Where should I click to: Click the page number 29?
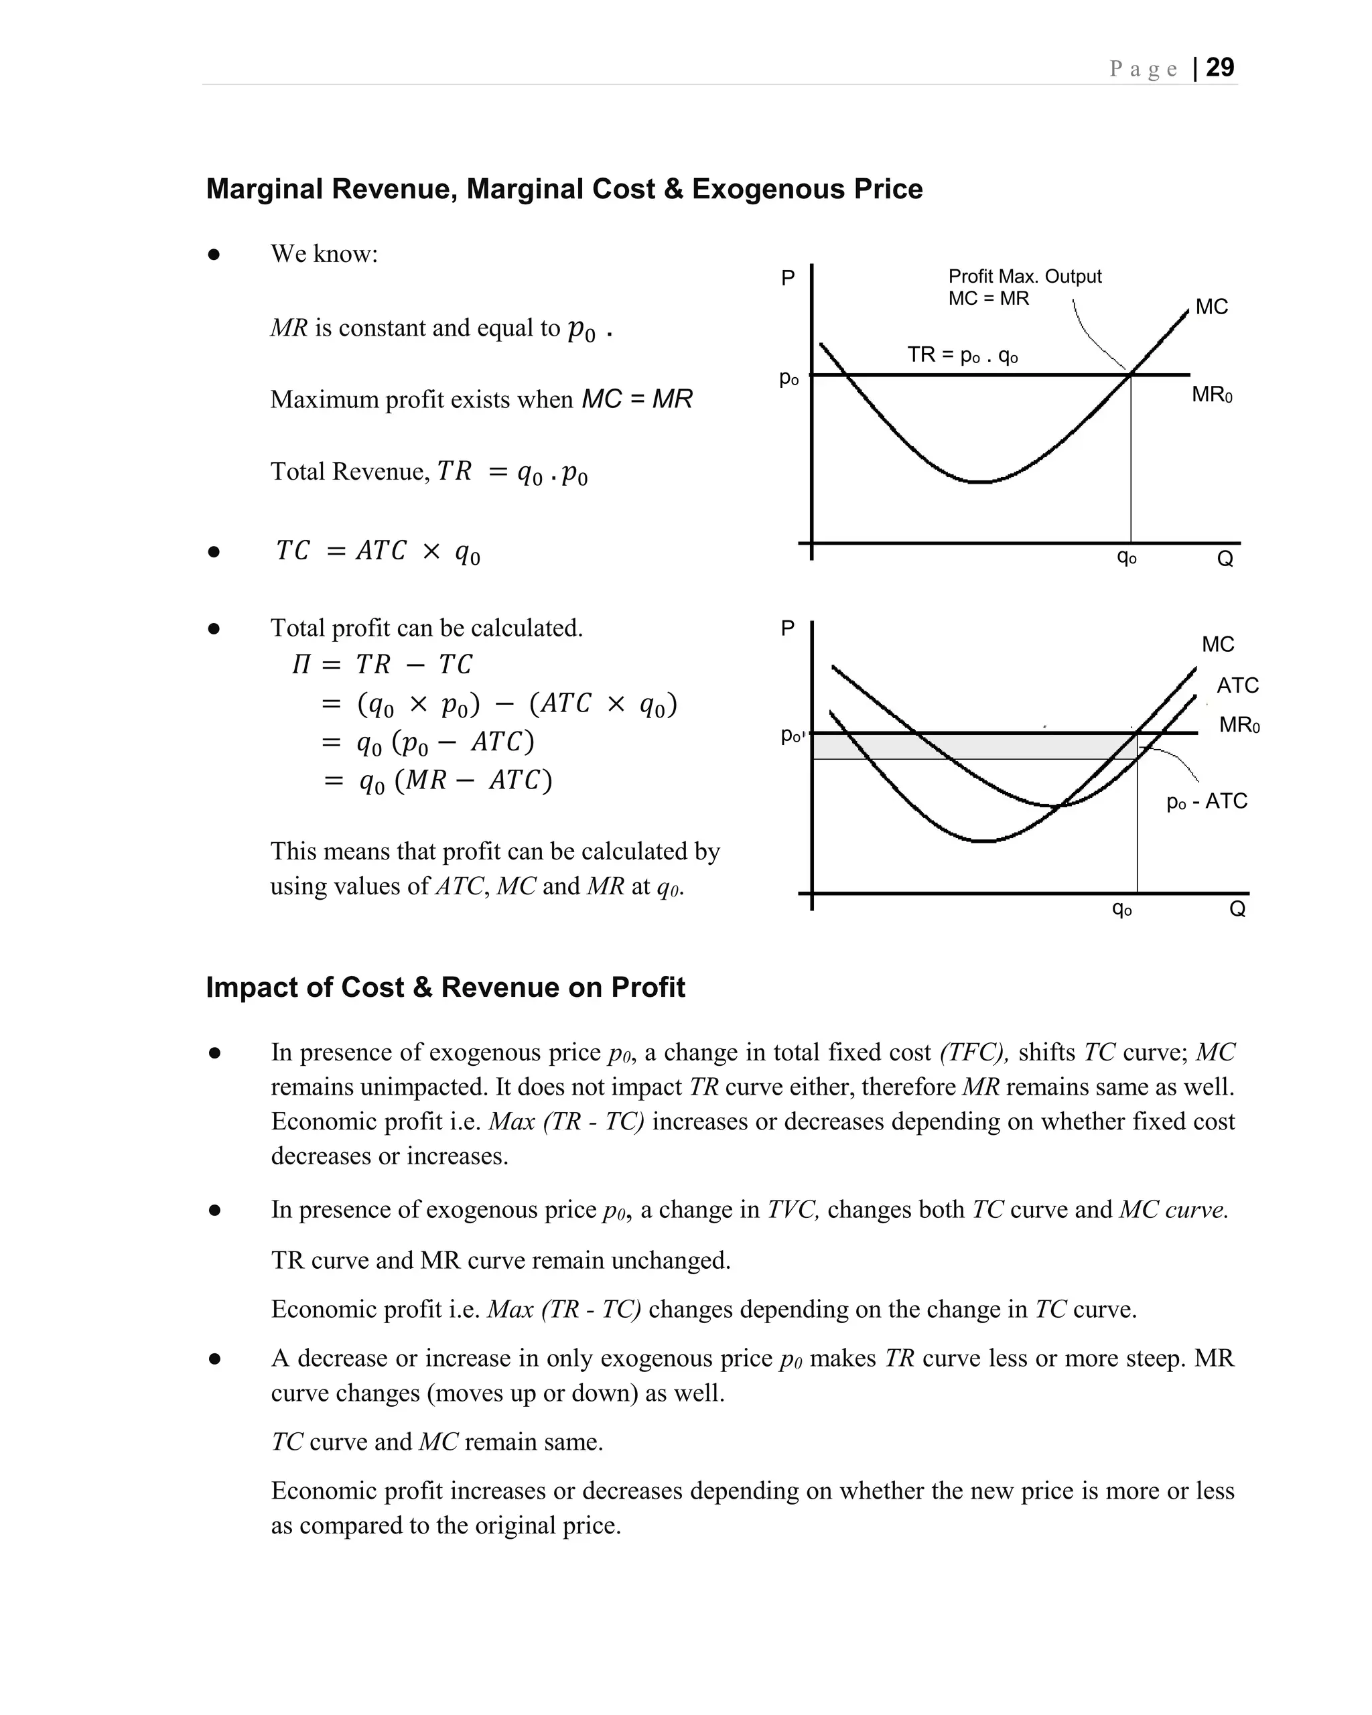coord(1219,68)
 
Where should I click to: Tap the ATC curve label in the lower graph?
coord(1237,686)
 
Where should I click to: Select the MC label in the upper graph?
coord(1211,307)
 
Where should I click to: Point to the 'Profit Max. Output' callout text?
coord(1024,277)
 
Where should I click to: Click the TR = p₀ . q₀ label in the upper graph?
coord(963,355)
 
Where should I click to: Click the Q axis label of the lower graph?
coord(1237,909)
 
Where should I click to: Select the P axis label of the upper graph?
coord(787,279)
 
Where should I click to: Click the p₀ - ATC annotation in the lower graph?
coord(1206,801)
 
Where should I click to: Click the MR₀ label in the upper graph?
coord(1211,395)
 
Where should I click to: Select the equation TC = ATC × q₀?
coord(378,551)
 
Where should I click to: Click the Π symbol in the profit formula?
coord(301,664)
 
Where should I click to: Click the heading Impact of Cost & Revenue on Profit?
coord(445,987)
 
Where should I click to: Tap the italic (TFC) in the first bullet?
coord(973,1052)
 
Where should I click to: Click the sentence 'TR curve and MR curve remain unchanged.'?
coord(500,1260)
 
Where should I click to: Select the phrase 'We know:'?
coord(324,254)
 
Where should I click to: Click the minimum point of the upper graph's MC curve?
coord(982,482)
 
